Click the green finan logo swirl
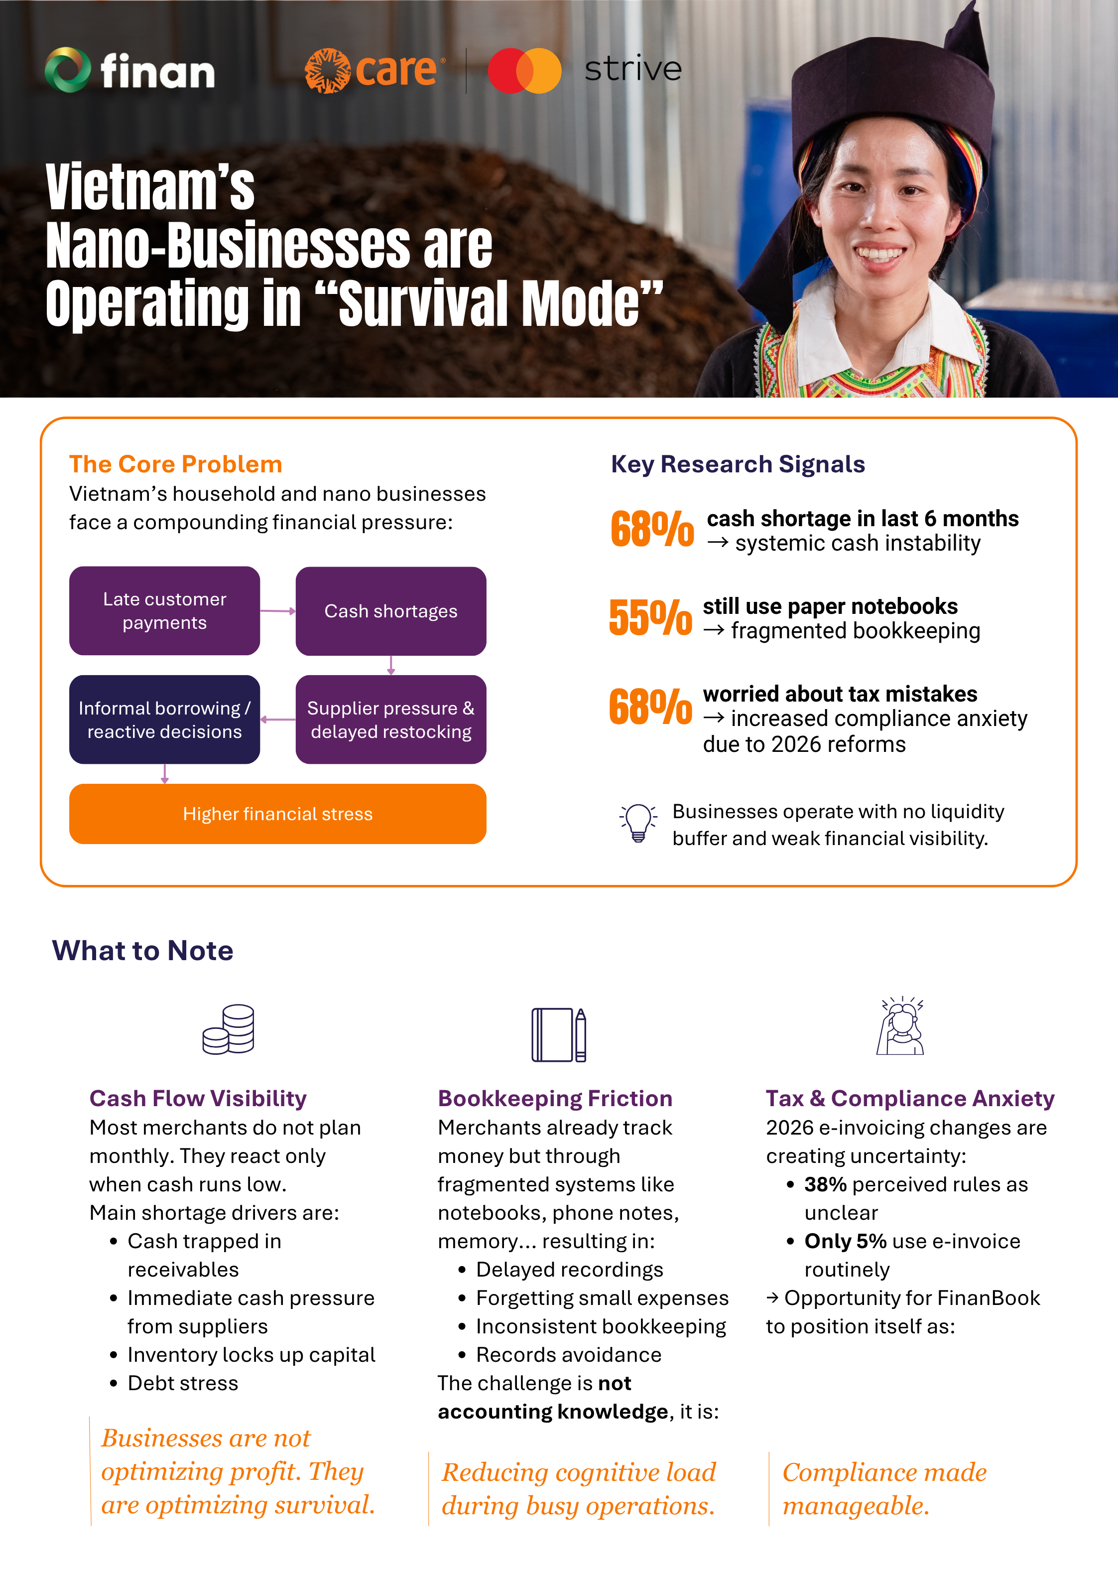click(x=68, y=70)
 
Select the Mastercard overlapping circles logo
click(x=524, y=70)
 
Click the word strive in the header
click(x=633, y=69)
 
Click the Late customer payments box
click(x=165, y=610)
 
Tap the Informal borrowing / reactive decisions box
click(x=165, y=720)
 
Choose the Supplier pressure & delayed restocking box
click(x=391, y=720)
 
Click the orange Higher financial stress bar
click(x=278, y=814)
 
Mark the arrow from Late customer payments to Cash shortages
click(x=278, y=610)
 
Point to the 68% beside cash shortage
click(x=652, y=529)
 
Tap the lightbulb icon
click(x=638, y=822)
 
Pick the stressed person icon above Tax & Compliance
click(x=901, y=1026)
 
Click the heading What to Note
click(x=143, y=951)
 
